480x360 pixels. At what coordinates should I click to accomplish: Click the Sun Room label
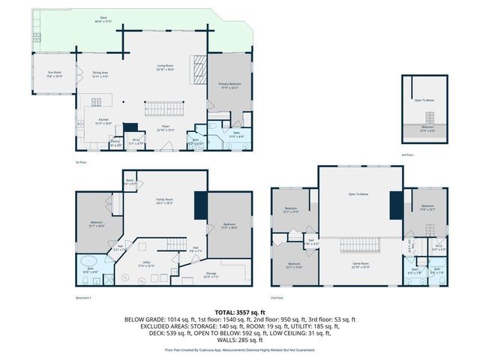[55, 74]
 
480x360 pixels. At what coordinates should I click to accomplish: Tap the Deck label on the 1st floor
[101, 19]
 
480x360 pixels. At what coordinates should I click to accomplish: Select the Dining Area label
[100, 74]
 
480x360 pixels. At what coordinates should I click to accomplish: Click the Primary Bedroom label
[229, 85]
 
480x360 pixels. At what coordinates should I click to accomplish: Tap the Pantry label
[115, 142]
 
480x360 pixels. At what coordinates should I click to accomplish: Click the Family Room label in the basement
[165, 201]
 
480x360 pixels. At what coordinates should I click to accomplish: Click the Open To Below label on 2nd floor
[358, 194]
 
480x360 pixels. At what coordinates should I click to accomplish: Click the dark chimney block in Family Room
[199, 205]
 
